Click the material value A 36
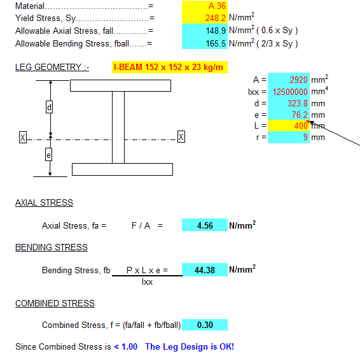coord(217,6)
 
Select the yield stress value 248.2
coord(215,18)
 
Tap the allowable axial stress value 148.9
coord(216,31)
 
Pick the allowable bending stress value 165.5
coord(216,43)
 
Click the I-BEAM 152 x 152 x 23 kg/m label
coord(169,67)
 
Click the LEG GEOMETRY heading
coord(52,67)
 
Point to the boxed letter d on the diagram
coord(49,107)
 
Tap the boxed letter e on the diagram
coord(48,155)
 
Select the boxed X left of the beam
coord(23,138)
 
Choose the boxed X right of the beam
coord(181,137)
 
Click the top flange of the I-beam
coord(120,86)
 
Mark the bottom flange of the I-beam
coord(122,169)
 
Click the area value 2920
coord(298,80)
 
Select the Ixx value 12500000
coord(290,92)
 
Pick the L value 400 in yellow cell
coord(301,125)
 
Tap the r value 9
coord(305,138)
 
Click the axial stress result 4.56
coord(205,225)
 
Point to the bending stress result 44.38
coord(205,270)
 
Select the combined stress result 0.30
coord(205,325)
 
